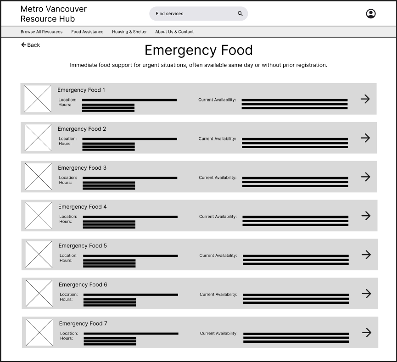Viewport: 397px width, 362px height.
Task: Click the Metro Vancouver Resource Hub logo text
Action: pyautogui.click(x=53, y=14)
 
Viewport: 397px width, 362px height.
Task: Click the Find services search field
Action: pyautogui.click(x=193, y=14)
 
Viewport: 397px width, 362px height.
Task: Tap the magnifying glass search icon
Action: pyautogui.click(x=240, y=14)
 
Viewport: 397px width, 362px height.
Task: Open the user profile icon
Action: pyautogui.click(x=370, y=14)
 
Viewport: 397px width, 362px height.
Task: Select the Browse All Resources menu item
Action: pyautogui.click(x=41, y=32)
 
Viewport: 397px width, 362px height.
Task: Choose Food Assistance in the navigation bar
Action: pyautogui.click(x=87, y=32)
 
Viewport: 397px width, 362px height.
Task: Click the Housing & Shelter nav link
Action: pyautogui.click(x=129, y=32)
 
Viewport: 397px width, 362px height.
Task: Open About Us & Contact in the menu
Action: pyautogui.click(x=174, y=32)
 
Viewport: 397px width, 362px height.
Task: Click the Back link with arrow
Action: pyautogui.click(x=30, y=45)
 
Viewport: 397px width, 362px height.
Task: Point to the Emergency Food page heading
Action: pyautogui.click(x=198, y=50)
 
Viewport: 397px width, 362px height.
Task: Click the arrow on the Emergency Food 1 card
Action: pyautogui.click(x=365, y=99)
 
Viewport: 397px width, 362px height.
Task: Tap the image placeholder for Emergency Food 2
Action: pyautogui.click(x=38, y=138)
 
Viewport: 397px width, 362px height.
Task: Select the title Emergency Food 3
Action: pyautogui.click(x=82, y=168)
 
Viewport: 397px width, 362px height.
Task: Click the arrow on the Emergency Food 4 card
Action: pyautogui.click(x=366, y=216)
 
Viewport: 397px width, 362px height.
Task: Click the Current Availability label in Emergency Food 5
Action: pyautogui.click(x=218, y=256)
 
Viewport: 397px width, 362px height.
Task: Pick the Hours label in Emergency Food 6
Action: pyautogui.click(x=66, y=300)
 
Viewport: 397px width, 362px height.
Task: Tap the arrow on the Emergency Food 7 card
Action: pyautogui.click(x=367, y=333)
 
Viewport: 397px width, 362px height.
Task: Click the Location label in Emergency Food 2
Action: pyautogui.click(x=67, y=139)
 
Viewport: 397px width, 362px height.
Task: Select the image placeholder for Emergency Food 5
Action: pyautogui.click(x=39, y=255)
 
